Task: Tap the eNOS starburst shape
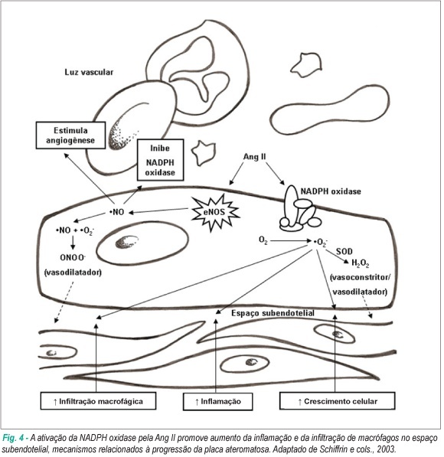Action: point(215,213)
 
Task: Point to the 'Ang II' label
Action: point(254,157)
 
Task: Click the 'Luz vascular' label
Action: point(89,72)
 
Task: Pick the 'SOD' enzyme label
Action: point(344,251)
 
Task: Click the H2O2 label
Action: point(361,263)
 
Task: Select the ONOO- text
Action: point(73,258)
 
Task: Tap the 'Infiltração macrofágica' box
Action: point(98,401)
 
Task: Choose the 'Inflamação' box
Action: point(217,401)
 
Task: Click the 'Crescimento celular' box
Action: point(338,401)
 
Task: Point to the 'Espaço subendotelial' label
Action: point(273,313)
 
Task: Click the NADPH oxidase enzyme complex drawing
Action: point(299,209)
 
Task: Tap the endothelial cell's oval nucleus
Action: point(142,243)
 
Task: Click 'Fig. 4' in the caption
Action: point(13,438)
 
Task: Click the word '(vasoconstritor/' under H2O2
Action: point(360,277)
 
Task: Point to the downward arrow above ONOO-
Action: point(73,243)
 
